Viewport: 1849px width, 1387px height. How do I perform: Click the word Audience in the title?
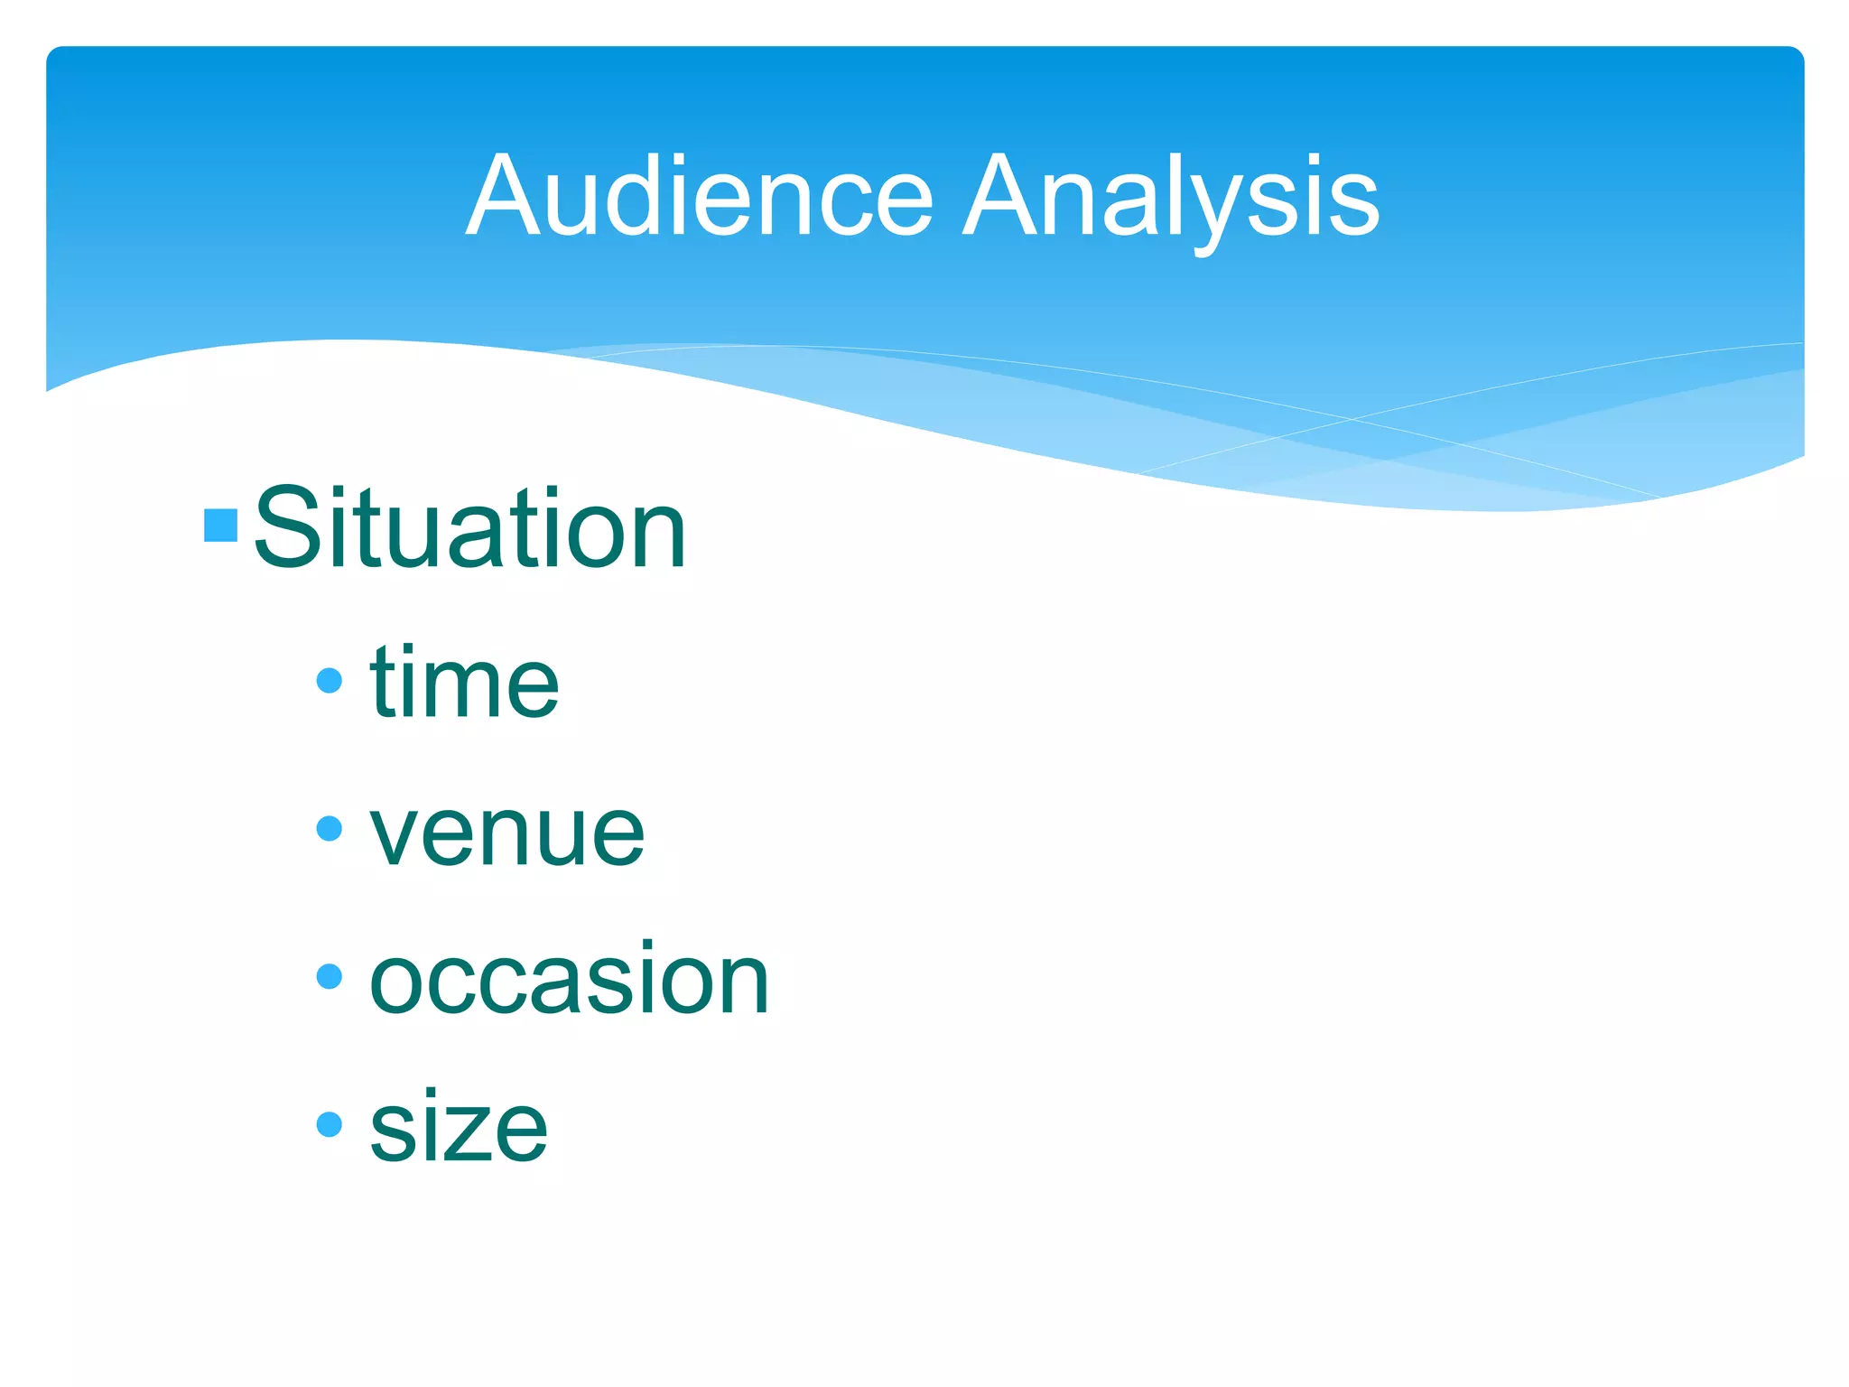pyautogui.click(x=700, y=196)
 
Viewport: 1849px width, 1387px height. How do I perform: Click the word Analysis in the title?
pyautogui.click(x=1171, y=196)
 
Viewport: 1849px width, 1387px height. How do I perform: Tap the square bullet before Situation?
pyautogui.click(x=221, y=526)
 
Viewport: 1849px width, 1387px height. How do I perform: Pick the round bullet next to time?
pyautogui.click(x=330, y=680)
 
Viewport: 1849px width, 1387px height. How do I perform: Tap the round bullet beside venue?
pyautogui.click(x=330, y=828)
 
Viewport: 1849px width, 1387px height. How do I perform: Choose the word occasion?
pyautogui.click(x=569, y=980)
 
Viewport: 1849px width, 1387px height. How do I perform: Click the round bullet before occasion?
pyautogui.click(x=330, y=976)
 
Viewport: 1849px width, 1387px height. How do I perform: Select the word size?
pyautogui.click(x=459, y=1128)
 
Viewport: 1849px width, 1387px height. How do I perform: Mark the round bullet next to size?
pyautogui.click(x=330, y=1124)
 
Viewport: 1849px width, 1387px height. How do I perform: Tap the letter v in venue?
pyautogui.click(x=397, y=835)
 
